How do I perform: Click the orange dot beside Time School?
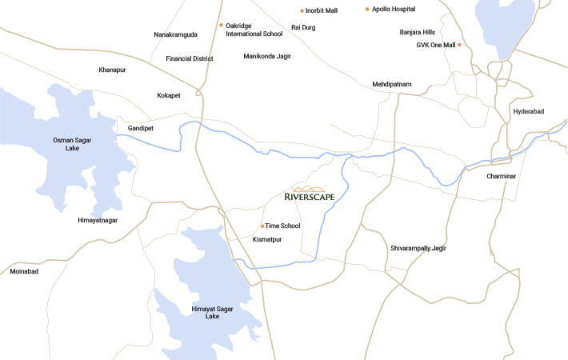[262, 226]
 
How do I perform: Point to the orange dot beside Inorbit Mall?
[302, 11]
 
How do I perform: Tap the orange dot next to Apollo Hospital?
[367, 9]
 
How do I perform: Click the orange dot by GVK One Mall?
[459, 45]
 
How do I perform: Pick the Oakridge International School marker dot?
[221, 25]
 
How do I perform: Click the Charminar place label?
[502, 176]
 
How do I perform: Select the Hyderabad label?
[528, 111]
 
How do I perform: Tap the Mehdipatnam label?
[391, 84]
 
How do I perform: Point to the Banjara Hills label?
[417, 32]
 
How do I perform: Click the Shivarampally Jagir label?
[418, 248]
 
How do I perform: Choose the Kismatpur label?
[267, 239]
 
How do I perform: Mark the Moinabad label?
[24, 271]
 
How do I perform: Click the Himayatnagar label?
[98, 219]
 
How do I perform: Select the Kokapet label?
[169, 95]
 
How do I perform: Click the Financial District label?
[190, 58]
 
